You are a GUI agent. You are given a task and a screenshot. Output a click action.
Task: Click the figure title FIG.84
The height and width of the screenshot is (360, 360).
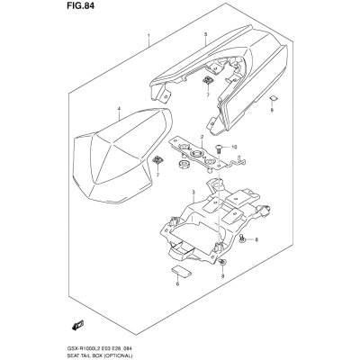click(79, 6)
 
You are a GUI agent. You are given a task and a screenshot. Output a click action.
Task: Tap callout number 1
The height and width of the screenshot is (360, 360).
click(148, 36)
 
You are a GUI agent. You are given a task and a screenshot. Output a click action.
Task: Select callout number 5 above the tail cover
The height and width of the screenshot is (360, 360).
click(205, 35)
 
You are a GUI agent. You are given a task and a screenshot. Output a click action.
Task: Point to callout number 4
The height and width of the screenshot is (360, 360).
click(119, 109)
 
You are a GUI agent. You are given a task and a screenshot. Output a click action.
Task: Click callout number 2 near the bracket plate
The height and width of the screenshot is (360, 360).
click(202, 137)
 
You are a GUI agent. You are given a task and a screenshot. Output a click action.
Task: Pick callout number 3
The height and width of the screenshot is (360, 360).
click(193, 192)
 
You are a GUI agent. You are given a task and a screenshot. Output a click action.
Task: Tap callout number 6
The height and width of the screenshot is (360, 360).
click(177, 283)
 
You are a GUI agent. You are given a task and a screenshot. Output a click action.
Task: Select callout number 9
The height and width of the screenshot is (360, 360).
click(272, 111)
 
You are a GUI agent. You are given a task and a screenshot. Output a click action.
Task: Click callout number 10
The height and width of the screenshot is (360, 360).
click(234, 147)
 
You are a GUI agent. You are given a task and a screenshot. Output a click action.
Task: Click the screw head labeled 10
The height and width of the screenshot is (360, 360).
click(219, 147)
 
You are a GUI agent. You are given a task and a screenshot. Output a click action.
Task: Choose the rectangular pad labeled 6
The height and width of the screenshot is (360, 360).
click(181, 270)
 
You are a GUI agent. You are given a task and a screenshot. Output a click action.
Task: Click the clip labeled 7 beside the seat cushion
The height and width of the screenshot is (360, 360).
click(157, 160)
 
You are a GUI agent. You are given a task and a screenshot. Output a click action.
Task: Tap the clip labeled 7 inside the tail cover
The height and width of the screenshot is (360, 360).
click(206, 80)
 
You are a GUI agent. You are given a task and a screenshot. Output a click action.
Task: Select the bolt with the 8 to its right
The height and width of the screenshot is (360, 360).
click(242, 239)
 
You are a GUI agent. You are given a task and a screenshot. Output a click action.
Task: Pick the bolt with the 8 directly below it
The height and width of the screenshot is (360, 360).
click(222, 262)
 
